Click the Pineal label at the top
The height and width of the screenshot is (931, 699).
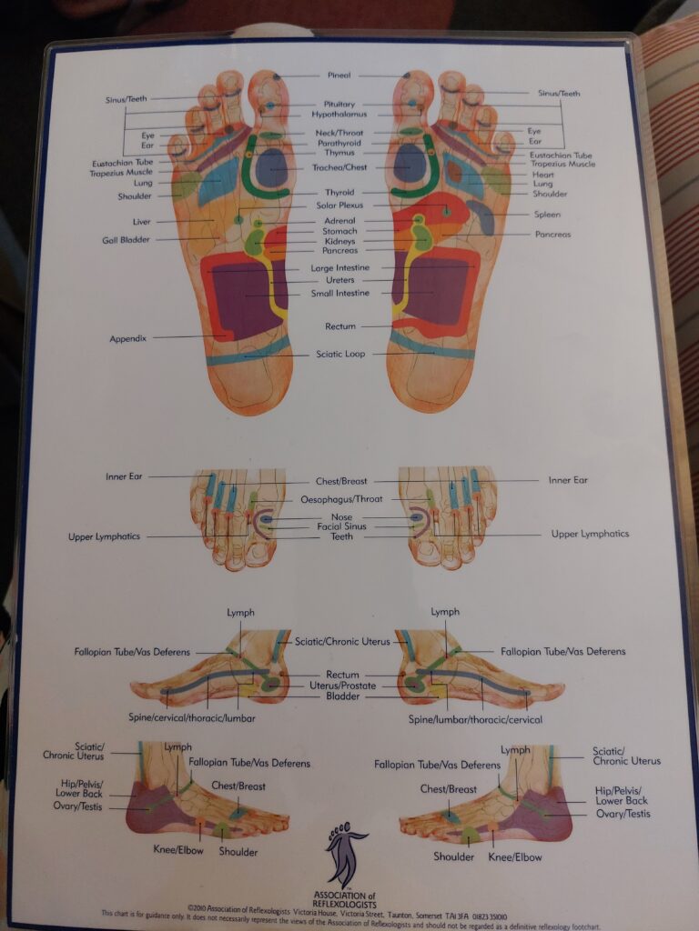(339, 75)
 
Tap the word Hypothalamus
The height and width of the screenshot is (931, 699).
(339, 115)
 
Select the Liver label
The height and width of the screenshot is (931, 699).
(141, 221)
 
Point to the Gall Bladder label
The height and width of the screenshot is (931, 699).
(126, 240)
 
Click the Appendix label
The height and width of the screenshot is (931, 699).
(128, 338)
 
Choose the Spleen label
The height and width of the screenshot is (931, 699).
(547, 215)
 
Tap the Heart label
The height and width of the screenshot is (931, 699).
(542, 174)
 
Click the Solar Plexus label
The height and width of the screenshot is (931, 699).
(339, 205)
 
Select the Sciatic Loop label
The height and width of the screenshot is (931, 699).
(340, 354)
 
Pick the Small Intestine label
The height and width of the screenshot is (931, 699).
(339, 293)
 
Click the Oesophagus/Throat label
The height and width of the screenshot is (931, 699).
(342, 499)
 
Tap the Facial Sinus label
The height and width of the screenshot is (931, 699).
(340, 526)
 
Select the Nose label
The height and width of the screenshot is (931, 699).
(341, 516)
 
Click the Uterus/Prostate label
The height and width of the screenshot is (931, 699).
(342, 686)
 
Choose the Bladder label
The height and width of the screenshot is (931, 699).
(342, 696)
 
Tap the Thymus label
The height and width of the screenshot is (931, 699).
(339, 153)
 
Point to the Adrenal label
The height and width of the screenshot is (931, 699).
(339, 221)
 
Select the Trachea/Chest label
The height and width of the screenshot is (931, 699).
(339, 167)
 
